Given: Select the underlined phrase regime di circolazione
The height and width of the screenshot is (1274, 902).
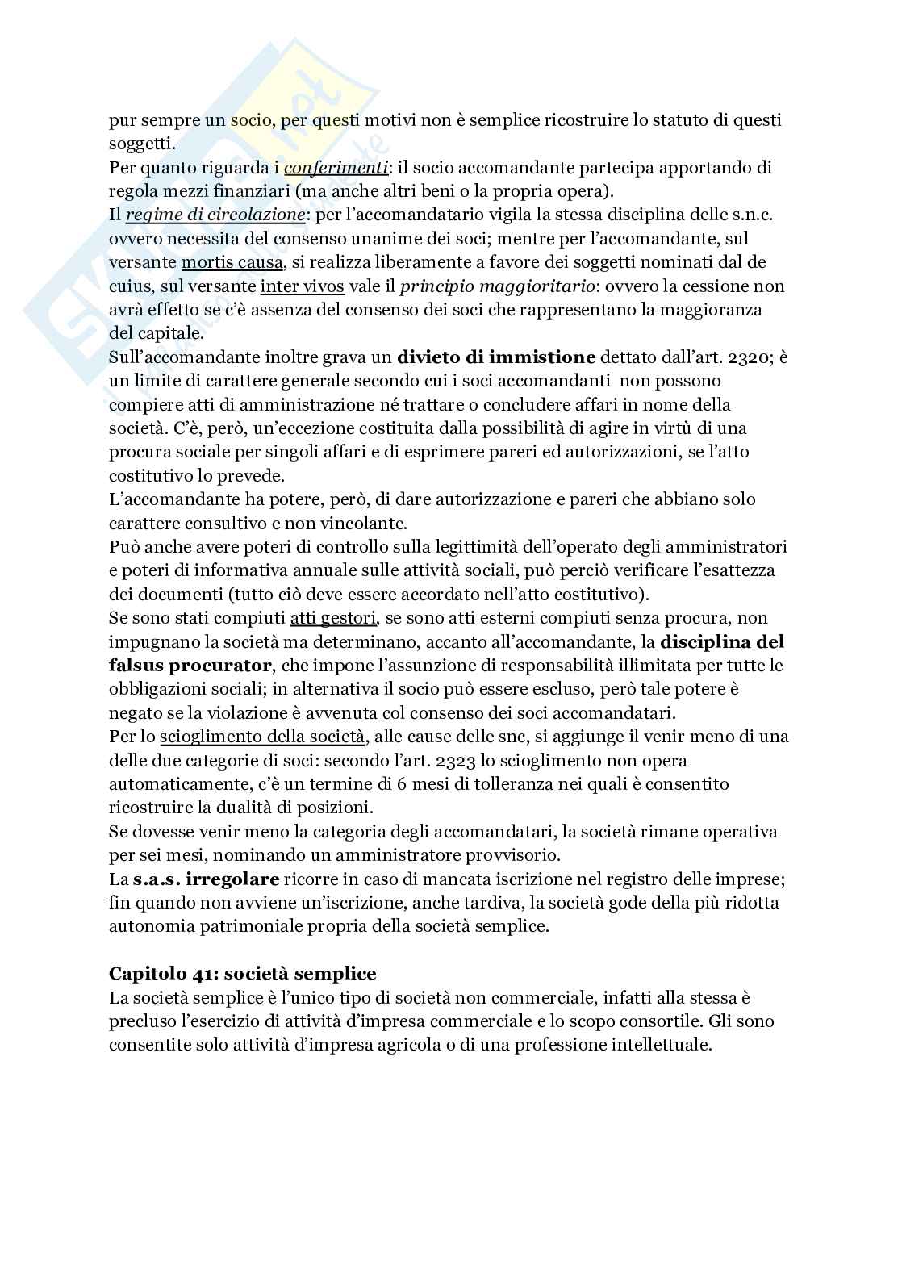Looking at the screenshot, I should (215, 215).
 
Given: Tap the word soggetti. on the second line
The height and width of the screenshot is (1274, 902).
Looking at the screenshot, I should (142, 144).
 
